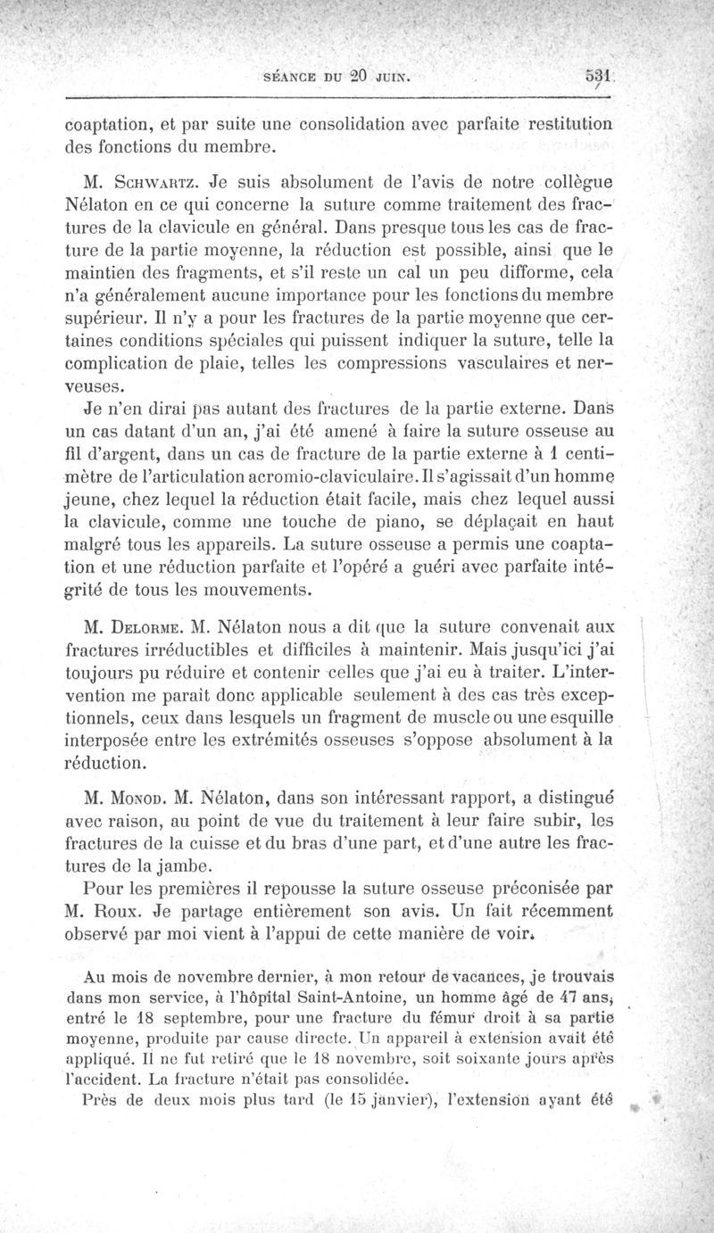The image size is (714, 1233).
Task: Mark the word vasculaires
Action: pos(491,364)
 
